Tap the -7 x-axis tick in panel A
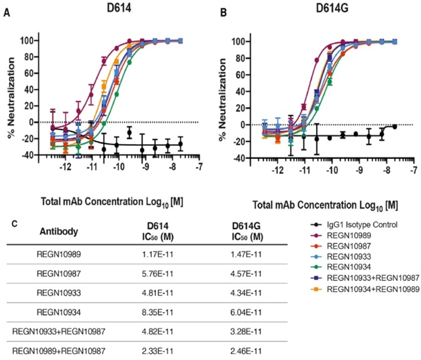(199, 168)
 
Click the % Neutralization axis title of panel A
(9, 96)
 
